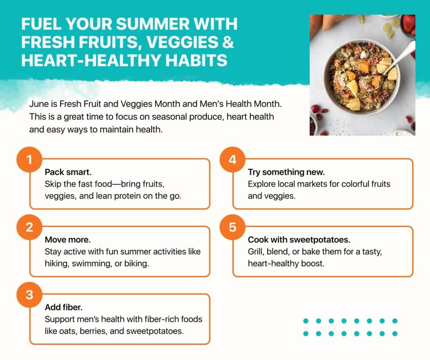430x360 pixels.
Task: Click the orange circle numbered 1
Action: [x=29, y=160]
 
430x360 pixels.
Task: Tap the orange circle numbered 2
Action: [x=29, y=227]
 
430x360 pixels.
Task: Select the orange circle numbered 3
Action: [x=29, y=295]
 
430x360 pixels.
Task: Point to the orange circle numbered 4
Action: [x=232, y=160]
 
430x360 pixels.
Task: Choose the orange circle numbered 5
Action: [x=232, y=227]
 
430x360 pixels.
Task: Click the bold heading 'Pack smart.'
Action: [x=68, y=172]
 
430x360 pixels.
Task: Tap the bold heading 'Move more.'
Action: [x=68, y=240]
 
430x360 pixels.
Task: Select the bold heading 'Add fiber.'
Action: [x=64, y=307]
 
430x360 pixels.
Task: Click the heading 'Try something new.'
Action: [x=286, y=172]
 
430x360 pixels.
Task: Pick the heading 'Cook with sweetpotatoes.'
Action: [x=299, y=240]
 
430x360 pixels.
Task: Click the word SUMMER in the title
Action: [x=153, y=24]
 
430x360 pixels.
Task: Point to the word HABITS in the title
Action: [x=197, y=60]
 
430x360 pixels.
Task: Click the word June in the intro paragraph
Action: [x=39, y=104]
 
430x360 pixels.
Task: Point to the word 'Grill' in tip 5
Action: [x=256, y=251]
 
